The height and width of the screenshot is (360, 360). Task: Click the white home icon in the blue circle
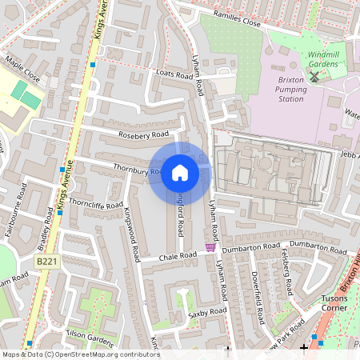click(x=180, y=173)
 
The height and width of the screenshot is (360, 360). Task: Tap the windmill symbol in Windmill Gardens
click(x=314, y=77)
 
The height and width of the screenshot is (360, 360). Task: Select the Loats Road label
click(x=174, y=74)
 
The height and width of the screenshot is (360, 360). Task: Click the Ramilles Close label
click(x=238, y=18)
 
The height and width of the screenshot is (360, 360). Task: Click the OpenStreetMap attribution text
click(x=80, y=354)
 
